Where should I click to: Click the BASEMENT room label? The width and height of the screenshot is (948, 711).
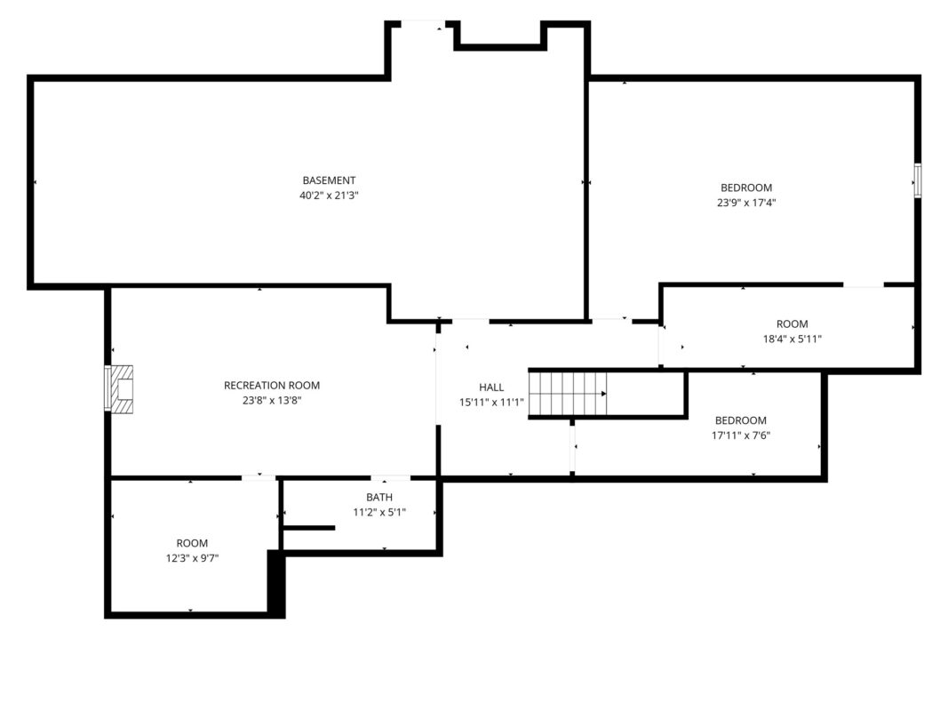coord(329,180)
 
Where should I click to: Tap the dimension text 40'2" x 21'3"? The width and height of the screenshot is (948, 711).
coord(329,196)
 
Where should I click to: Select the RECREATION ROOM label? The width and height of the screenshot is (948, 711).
coord(271,386)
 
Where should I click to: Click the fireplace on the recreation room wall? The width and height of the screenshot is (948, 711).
coord(120,387)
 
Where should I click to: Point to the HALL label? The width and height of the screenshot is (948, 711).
coord(491,387)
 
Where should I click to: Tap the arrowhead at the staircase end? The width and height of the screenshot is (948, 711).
coord(603,393)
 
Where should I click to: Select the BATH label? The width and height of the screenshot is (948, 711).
coord(379,498)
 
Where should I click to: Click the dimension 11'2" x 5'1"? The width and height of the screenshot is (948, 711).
coord(379,512)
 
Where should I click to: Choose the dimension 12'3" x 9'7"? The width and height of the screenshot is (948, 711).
coord(191,558)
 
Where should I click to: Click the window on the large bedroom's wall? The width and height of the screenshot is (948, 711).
coord(918,180)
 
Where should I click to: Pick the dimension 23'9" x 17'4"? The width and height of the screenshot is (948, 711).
coord(745,203)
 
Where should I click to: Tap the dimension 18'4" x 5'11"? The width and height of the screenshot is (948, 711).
coord(792,339)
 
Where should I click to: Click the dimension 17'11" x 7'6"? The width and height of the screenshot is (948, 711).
coord(740,435)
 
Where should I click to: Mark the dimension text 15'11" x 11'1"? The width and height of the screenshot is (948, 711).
coord(491,403)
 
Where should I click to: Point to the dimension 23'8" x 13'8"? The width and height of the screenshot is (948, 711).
coord(271,400)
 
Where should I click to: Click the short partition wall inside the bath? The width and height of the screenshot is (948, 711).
coord(308,528)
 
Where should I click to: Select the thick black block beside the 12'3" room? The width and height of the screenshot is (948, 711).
coord(276,582)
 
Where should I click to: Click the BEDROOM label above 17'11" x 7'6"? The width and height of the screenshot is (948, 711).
coord(740,420)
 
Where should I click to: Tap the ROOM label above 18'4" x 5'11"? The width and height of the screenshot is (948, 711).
coord(792,324)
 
